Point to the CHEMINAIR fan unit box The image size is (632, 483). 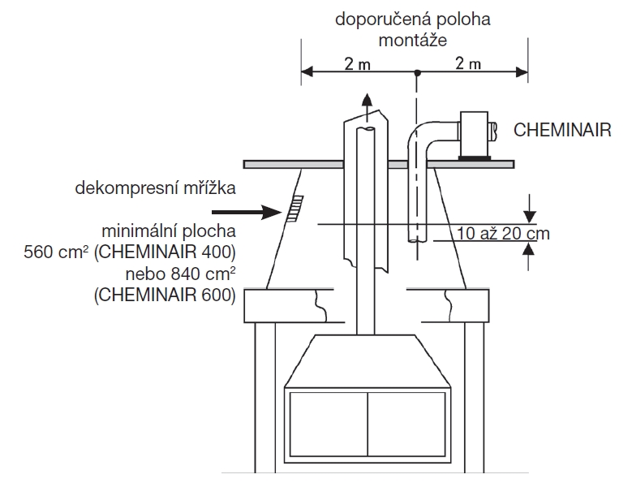tap(474, 133)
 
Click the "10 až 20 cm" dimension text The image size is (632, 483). tap(503, 235)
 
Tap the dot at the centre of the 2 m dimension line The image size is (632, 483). tap(416, 72)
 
